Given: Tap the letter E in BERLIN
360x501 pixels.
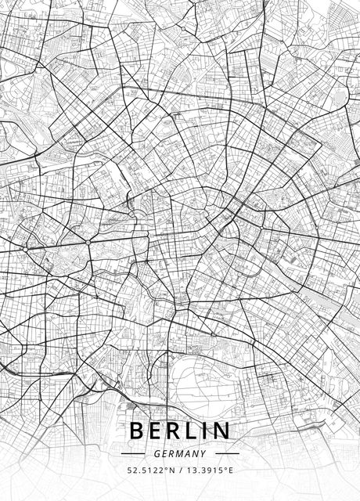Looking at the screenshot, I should click(159, 431).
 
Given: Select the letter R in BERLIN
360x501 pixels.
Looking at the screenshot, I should click(179, 431).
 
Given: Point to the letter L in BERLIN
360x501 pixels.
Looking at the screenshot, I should click(199, 431).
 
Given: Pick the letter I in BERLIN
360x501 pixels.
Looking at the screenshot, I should click(211, 431).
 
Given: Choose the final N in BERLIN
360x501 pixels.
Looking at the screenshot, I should click(225, 431).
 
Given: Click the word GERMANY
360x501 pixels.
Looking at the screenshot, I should click(180, 453).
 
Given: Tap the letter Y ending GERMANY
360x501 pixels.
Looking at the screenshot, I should click(203, 453).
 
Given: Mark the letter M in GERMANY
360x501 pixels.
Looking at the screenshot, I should click(182, 453).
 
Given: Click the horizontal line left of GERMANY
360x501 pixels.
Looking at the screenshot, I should click(133, 453).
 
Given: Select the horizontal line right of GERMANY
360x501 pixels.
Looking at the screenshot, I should click(227, 453).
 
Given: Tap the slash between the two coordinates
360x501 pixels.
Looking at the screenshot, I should click(180, 471).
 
